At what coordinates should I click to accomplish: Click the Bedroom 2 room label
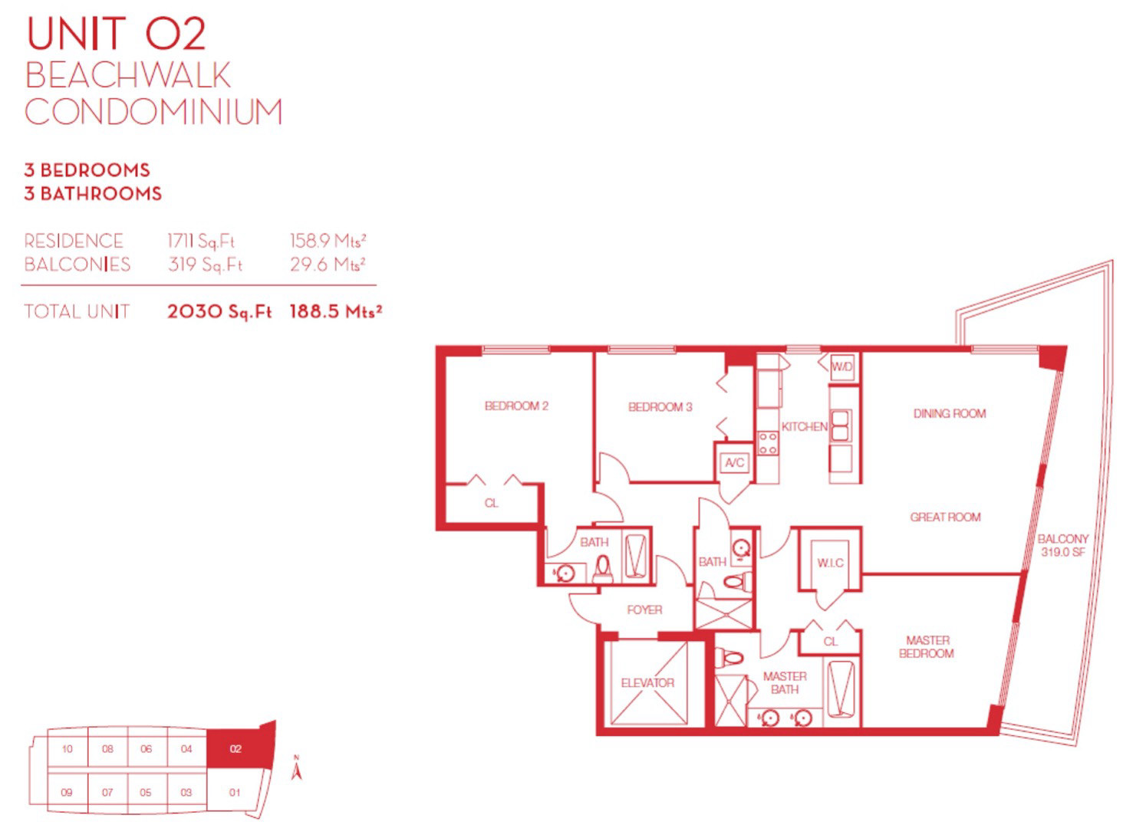pos(516,406)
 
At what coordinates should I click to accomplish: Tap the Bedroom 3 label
pos(660,407)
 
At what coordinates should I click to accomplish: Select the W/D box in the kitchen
pos(842,367)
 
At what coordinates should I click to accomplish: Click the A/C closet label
pos(735,462)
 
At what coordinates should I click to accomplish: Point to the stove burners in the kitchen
pos(768,444)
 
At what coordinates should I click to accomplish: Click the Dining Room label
pos(950,413)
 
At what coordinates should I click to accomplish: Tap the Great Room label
pos(946,517)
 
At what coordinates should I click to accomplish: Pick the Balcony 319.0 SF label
pos(1063,545)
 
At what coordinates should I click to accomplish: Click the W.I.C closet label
pos(831,563)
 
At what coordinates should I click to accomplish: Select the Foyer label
pos(644,610)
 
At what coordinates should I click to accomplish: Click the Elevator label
pos(647,682)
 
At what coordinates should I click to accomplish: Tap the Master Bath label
pos(785,682)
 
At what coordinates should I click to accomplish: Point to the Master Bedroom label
pos(927,646)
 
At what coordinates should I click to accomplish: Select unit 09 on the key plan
pos(67,793)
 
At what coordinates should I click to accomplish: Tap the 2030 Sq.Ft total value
pos(219,312)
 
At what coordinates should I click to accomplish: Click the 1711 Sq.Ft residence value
pos(201,241)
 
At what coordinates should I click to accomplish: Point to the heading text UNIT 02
pos(116,34)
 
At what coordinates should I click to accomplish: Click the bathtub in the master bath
pos(841,690)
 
